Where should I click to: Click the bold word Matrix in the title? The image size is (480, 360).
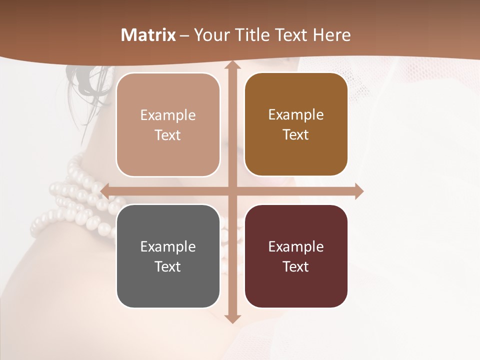click(x=148, y=35)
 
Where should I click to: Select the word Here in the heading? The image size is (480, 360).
click(x=331, y=35)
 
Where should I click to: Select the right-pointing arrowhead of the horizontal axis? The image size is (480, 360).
click(x=359, y=191)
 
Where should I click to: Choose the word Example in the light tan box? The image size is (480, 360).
click(x=168, y=115)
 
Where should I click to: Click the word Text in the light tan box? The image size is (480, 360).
click(x=168, y=135)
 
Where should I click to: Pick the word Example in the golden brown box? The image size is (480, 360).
click(x=296, y=115)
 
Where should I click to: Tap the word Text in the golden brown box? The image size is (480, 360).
click(x=296, y=134)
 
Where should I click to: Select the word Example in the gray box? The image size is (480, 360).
click(x=168, y=247)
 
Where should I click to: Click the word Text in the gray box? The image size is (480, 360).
click(x=168, y=266)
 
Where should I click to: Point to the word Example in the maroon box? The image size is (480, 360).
click(x=296, y=247)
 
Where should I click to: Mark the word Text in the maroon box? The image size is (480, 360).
click(x=296, y=266)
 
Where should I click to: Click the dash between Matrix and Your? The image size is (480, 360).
click(x=184, y=35)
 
